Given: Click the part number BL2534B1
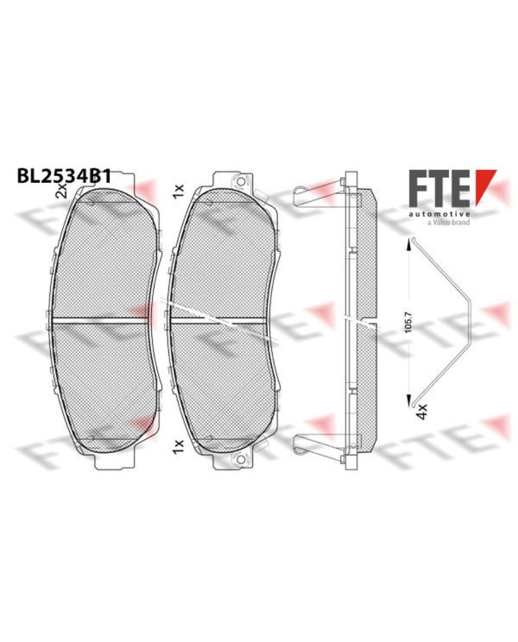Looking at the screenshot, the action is (64, 177).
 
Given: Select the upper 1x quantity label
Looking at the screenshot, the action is (178, 192).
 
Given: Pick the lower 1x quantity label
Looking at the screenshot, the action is (178, 446).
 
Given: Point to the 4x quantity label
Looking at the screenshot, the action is (421, 411).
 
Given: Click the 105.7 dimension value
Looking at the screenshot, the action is (408, 322).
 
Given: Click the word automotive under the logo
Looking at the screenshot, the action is (439, 214).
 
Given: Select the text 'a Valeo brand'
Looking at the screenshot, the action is (448, 223).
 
